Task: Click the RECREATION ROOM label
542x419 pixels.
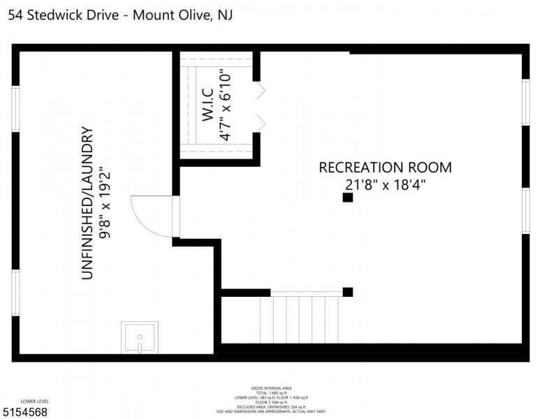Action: click(x=385, y=168)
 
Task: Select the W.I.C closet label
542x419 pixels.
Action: click(x=208, y=105)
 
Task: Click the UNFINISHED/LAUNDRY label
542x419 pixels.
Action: click(x=87, y=203)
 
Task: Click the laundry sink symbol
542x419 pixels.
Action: click(x=140, y=338)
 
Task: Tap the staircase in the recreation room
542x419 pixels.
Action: click(x=300, y=318)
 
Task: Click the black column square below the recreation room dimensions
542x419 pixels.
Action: click(x=347, y=198)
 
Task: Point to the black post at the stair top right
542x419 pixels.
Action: click(x=348, y=292)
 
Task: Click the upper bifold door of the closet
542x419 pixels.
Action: click(x=261, y=91)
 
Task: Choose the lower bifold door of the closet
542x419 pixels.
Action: click(x=261, y=122)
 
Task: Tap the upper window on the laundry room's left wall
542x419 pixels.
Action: click(x=15, y=108)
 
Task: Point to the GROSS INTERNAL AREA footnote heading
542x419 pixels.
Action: click(x=271, y=388)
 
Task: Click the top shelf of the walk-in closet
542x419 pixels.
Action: click(x=217, y=61)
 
